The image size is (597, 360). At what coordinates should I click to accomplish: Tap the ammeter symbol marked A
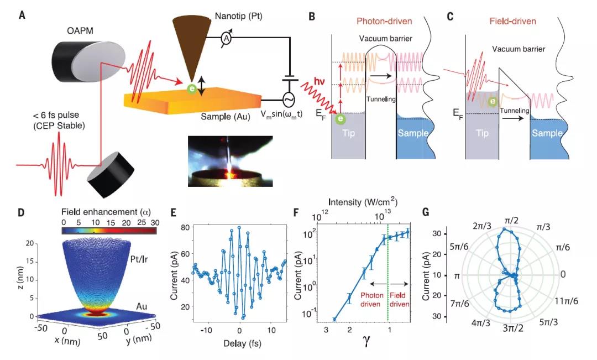coord(226,38)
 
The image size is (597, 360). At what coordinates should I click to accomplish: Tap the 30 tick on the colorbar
coord(153,223)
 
